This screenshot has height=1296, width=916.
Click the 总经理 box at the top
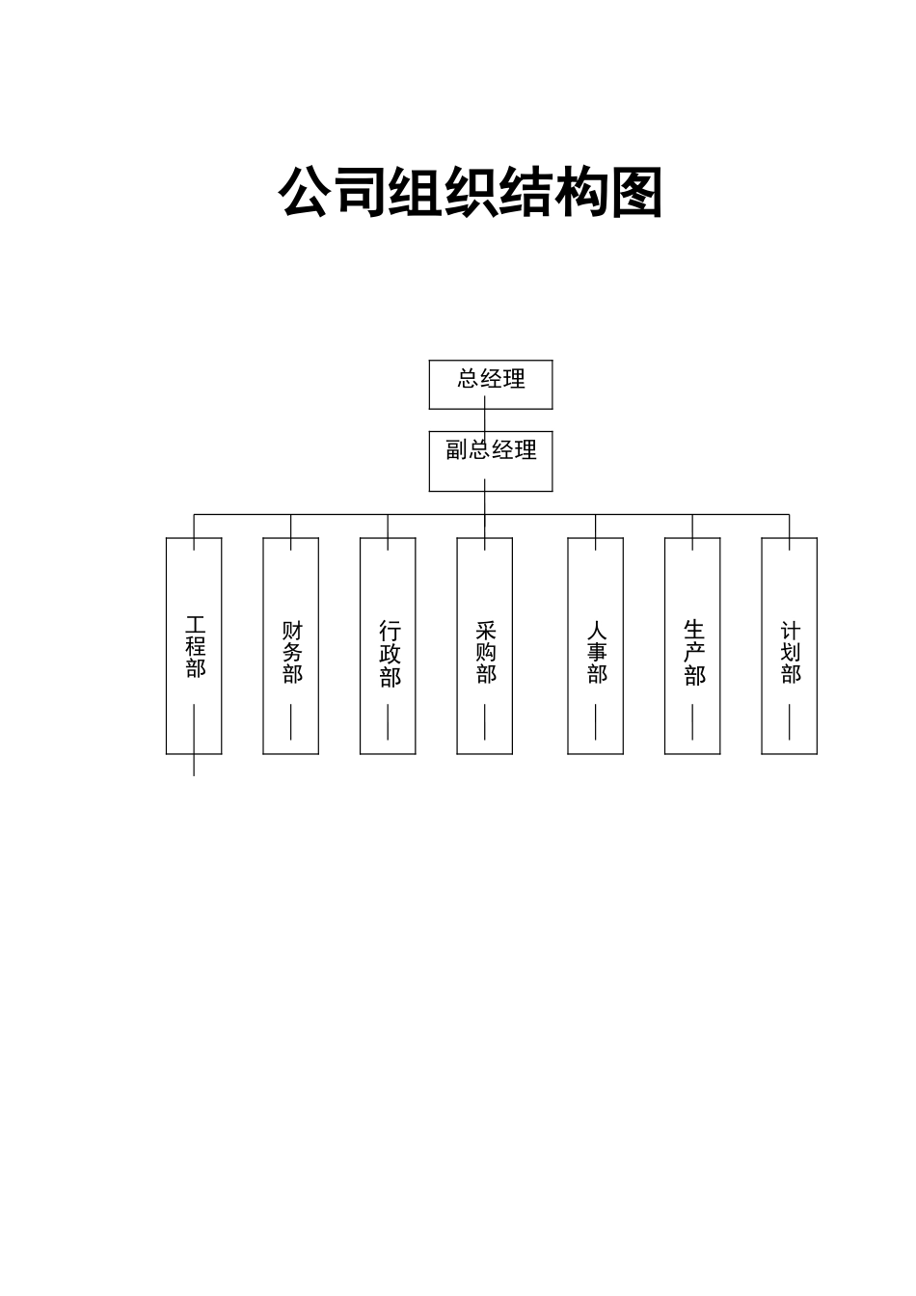tap(490, 384)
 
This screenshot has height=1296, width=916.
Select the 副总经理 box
tap(490, 461)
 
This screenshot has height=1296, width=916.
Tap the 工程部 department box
tap(194, 645)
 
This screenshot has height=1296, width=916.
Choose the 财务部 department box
tap(291, 645)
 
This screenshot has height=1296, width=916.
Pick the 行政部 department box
tap(388, 645)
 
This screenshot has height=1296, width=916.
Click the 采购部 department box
tap(484, 645)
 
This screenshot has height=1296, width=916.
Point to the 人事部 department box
tap(595, 645)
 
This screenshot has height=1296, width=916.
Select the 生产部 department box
tap(692, 645)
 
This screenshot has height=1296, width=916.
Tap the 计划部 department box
tap(789, 645)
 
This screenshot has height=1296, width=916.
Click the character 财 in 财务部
tap(292, 631)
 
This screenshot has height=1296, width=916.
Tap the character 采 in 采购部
tap(486, 631)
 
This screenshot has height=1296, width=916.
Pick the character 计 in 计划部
tap(791, 632)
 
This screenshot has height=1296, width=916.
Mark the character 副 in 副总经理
tap(456, 450)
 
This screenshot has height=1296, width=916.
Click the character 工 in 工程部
tap(196, 624)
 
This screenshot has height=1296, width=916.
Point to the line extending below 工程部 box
tap(194, 765)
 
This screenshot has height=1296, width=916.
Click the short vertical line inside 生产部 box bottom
tap(692, 721)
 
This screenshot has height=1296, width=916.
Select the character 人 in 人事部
tap(597, 632)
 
